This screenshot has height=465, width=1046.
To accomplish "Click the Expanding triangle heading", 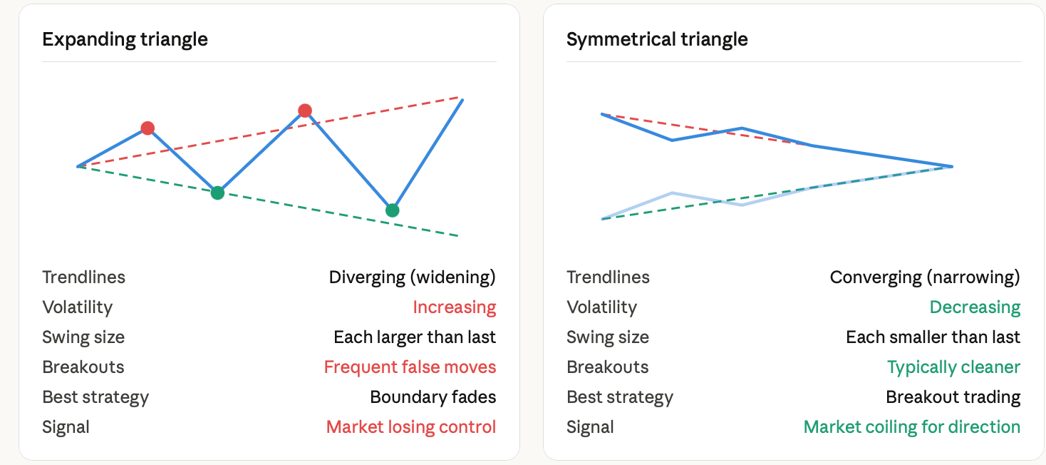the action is pos(125,40).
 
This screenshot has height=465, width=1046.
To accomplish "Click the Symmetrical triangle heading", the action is pos(657,40).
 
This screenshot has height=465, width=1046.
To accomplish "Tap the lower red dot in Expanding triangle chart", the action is pos(147,128).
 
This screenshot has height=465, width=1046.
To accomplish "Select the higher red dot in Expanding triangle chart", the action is pos(305,111).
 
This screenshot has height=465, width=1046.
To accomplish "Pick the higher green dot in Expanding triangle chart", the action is pos(217,193).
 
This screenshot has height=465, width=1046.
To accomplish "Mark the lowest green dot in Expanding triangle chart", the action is pos(392,210).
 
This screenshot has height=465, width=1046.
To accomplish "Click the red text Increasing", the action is pos(455,307).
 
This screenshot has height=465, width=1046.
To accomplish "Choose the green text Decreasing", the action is pos(975,307).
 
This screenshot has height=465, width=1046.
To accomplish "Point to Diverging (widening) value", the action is pos(413,277).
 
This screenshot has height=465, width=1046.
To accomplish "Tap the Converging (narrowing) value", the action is pos(925,277).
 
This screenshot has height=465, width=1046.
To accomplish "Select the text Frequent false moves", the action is pos(410,367).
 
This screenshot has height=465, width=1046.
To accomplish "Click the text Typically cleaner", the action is pos(954,367).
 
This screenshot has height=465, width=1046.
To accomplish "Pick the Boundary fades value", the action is pos(433,397).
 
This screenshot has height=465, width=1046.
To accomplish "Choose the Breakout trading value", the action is pos(953,397).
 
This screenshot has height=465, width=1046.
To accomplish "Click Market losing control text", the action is pos(411,427).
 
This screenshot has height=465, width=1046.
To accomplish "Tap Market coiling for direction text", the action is pos(912,427).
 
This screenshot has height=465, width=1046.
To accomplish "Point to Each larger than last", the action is pos(415,337).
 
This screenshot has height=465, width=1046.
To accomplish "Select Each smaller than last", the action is pos(933,337).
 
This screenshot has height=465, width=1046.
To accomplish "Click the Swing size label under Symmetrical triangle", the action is pos(608,337).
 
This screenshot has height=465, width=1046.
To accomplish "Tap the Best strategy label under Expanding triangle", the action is pos(95,397).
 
